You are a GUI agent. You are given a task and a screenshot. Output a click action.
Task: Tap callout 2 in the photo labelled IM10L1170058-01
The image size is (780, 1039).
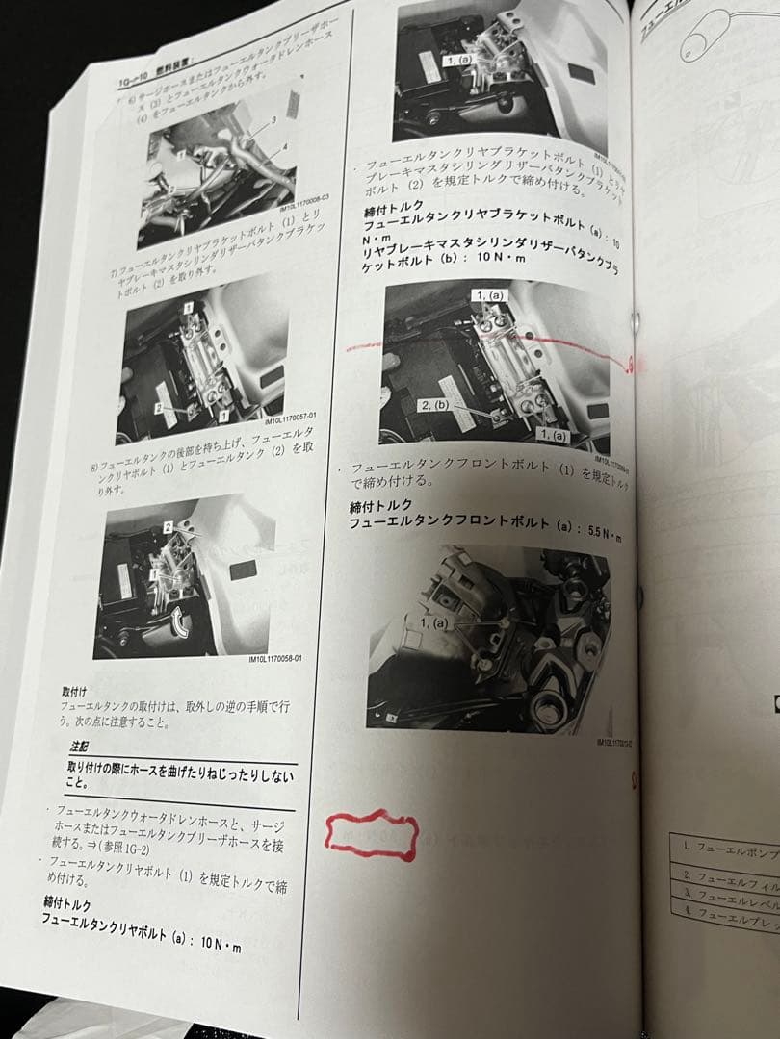[x=167, y=528]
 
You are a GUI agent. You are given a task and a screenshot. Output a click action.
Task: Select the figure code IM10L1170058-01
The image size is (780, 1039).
[x=273, y=659]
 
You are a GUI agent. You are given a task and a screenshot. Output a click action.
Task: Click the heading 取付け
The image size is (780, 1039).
[x=74, y=690]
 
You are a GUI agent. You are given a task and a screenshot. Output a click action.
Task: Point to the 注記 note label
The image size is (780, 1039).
[x=79, y=746]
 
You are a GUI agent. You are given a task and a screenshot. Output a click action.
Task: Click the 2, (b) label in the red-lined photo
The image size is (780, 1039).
[x=436, y=406]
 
